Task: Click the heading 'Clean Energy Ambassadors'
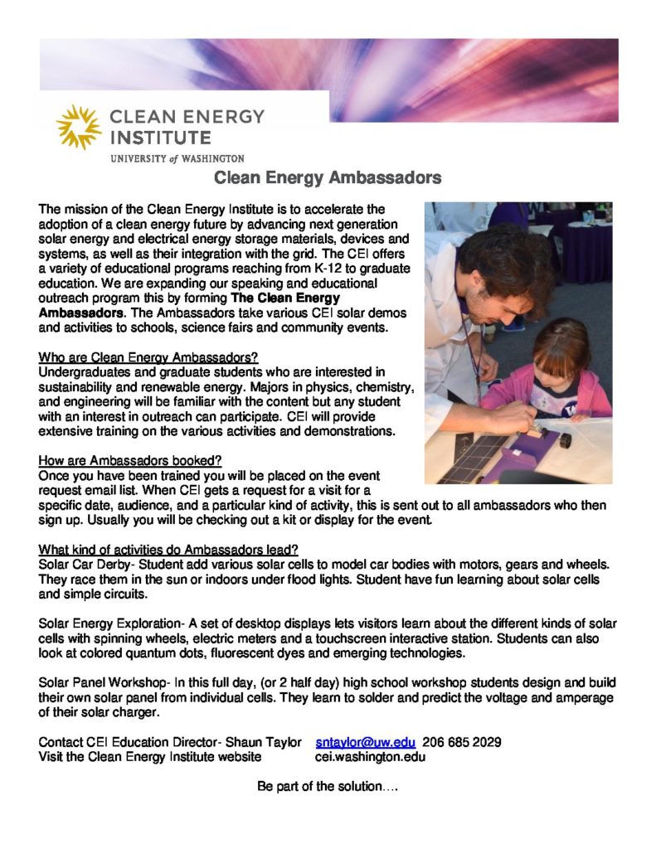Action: point(328,177)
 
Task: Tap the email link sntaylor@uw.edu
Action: point(365,742)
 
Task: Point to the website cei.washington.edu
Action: point(371,756)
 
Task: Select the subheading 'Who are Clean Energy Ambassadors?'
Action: point(148,357)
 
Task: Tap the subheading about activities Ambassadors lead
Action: point(168,550)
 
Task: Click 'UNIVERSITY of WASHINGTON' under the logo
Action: point(177,158)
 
